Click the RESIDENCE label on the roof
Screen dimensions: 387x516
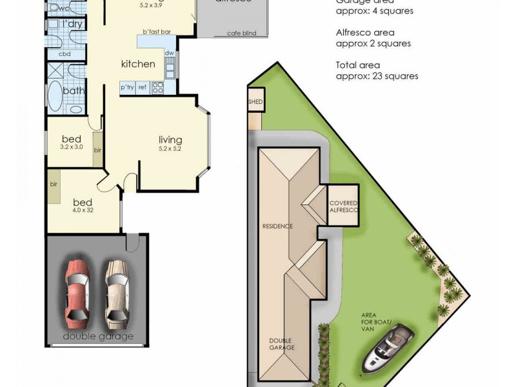coord(277,226)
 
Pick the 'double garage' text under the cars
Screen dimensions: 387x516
coord(98,337)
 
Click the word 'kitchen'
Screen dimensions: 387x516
coord(138,64)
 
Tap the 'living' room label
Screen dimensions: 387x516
coord(170,139)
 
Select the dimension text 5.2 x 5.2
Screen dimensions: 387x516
coord(170,149)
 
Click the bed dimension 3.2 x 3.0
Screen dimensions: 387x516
coord(72,147)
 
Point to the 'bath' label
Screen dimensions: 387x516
coord(74,91)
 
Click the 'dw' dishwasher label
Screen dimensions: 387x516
coord(169,54)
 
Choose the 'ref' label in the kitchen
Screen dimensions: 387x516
coord(143,87)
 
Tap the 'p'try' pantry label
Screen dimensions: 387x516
coord(127,87)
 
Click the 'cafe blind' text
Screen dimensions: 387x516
coord(242,34)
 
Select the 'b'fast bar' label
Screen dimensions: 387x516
coord(157,32)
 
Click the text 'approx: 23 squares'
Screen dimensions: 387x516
coord(377,75)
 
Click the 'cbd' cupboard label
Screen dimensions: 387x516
coord(64,54)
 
